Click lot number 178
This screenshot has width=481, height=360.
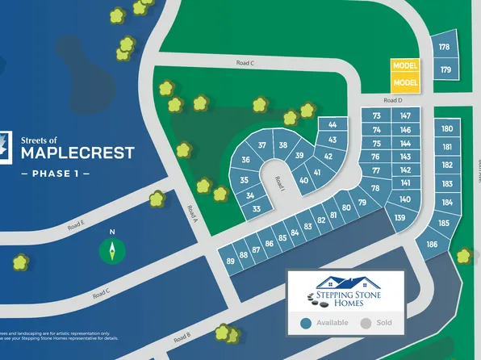tap(444, 48)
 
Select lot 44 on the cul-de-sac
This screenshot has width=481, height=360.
tap(332, 124)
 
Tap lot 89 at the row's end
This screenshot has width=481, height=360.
tap(231, 261)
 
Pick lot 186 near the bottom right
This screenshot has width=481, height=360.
tap(433, 244)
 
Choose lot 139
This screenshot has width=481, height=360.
tap(399, 218)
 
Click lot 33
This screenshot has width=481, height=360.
tap(256, 209)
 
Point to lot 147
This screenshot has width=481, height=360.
tap(405, 116)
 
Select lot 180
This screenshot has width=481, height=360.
tap(447, 129)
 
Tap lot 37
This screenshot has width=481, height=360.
tap(261, 145)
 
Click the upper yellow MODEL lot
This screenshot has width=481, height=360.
tap(404, 65)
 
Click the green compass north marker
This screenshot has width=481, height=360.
tap(113, 250)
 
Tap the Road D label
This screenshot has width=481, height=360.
tap(393, 100)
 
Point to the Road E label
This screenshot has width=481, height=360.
tap(77, 225)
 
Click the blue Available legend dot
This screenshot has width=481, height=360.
tap(306, 324)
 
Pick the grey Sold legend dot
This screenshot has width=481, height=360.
tap(366, 324)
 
